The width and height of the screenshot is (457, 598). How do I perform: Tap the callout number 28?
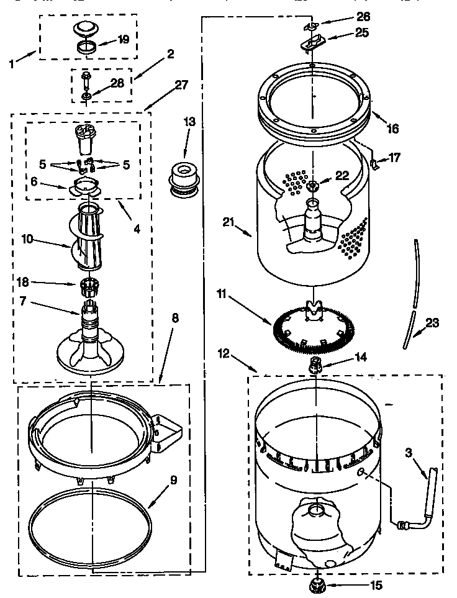click(x=116, y=82)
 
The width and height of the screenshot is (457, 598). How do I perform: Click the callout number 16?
click(x=392, y=129)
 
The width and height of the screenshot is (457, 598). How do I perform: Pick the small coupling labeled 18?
click(x=91, y=287)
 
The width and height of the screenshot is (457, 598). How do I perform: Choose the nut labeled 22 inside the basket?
click(x=313, y=186)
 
